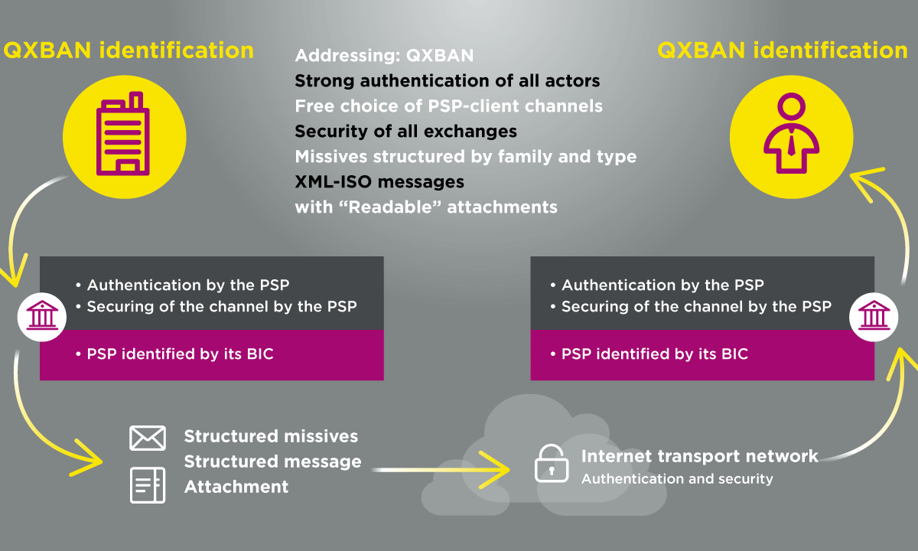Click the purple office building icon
coord(123,134)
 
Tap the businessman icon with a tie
coord(791,133)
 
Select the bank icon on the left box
coord(42,316)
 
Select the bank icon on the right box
coord(874,316)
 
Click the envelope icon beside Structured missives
coord(148,438)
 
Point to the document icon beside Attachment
coord(148,485)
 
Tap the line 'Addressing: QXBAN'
coord(384,56)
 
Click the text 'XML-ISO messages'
coord(379,181)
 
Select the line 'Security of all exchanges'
coord(405,131)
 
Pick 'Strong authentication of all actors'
coord(447,81)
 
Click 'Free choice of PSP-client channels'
coord(449,106)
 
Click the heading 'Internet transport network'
coord(699,456)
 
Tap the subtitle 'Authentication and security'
coord(677,479)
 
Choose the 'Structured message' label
coord(272,461)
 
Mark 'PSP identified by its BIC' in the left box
coord(180,354)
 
